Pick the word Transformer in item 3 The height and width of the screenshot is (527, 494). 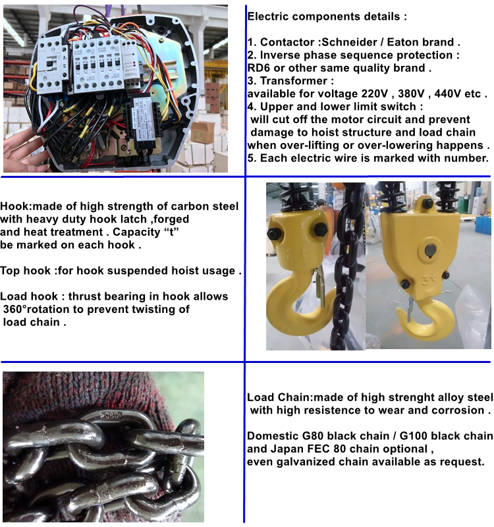click(x=293, y=81)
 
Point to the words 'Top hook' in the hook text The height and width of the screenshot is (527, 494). click(x=25, y=271)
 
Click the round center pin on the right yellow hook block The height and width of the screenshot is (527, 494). click(x=431, y=250)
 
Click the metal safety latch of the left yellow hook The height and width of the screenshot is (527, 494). click(x=319, y=286)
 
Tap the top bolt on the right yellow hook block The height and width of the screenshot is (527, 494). click(x=427, y=204)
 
